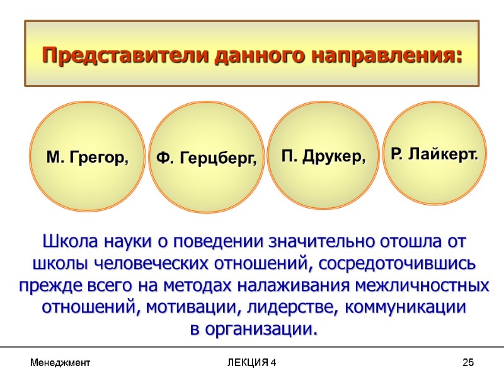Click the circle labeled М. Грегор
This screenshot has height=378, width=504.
point(88,157)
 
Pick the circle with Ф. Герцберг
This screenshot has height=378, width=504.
point(207,157)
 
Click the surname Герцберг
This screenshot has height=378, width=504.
point(219,159)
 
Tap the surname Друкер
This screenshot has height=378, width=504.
point(336,156)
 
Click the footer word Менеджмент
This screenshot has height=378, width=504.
point(60,363)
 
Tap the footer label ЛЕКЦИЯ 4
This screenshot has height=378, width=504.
point(252,363)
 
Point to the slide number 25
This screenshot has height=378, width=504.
point(467,363)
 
